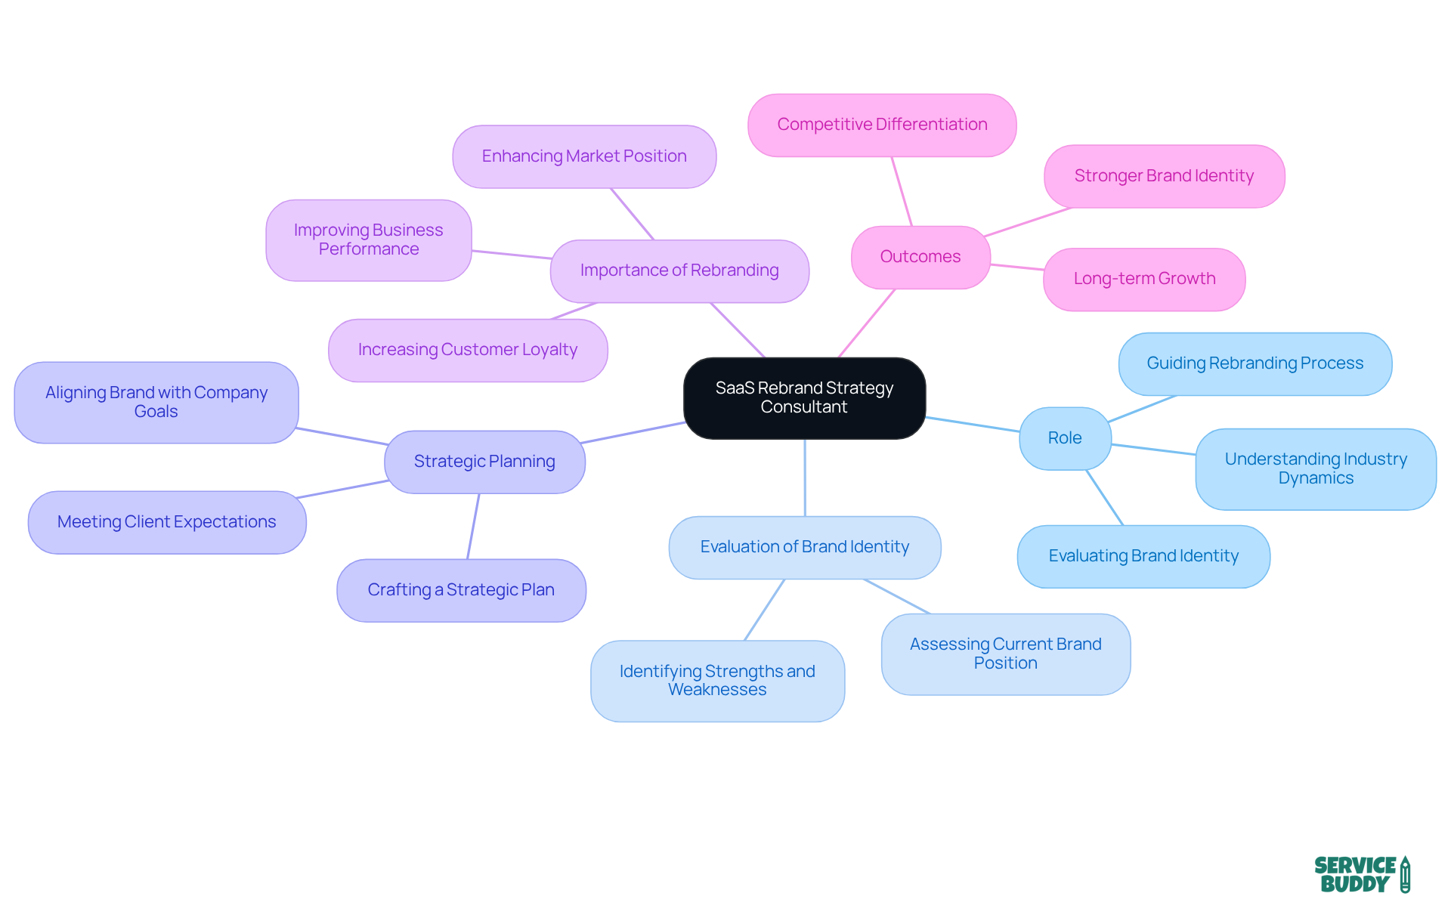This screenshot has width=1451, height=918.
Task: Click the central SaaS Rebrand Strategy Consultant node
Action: [804, 397]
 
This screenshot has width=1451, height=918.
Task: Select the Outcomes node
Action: [920, 257]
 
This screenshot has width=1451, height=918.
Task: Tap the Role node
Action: [1064, 438]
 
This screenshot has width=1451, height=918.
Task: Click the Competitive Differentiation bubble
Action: [881, 125]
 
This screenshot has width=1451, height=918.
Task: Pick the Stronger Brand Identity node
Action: [1163, 176]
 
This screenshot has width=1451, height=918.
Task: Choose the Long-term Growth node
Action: [1143, 279]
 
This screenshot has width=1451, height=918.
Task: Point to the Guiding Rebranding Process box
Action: [1255, 363]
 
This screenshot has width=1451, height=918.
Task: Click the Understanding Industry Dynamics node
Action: [1315, 468]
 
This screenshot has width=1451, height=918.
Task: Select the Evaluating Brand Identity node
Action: [1143, 556]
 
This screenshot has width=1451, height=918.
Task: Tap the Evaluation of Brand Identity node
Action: [804, 547]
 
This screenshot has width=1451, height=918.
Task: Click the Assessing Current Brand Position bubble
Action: [1005, 654]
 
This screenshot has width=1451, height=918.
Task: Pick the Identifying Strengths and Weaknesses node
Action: [716, 680]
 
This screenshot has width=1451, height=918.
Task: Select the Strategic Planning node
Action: [484, 462]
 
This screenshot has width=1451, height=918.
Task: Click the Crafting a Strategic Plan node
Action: [460, 590]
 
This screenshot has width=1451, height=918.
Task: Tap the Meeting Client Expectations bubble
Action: [166, 522]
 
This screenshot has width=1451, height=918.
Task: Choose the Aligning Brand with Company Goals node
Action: [156, 402]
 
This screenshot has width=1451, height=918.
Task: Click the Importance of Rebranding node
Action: [679, 270]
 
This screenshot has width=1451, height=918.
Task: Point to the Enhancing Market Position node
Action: [583, 156]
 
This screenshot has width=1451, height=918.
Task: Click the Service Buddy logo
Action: [1361, 874]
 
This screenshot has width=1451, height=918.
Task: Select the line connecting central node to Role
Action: [973, 425]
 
